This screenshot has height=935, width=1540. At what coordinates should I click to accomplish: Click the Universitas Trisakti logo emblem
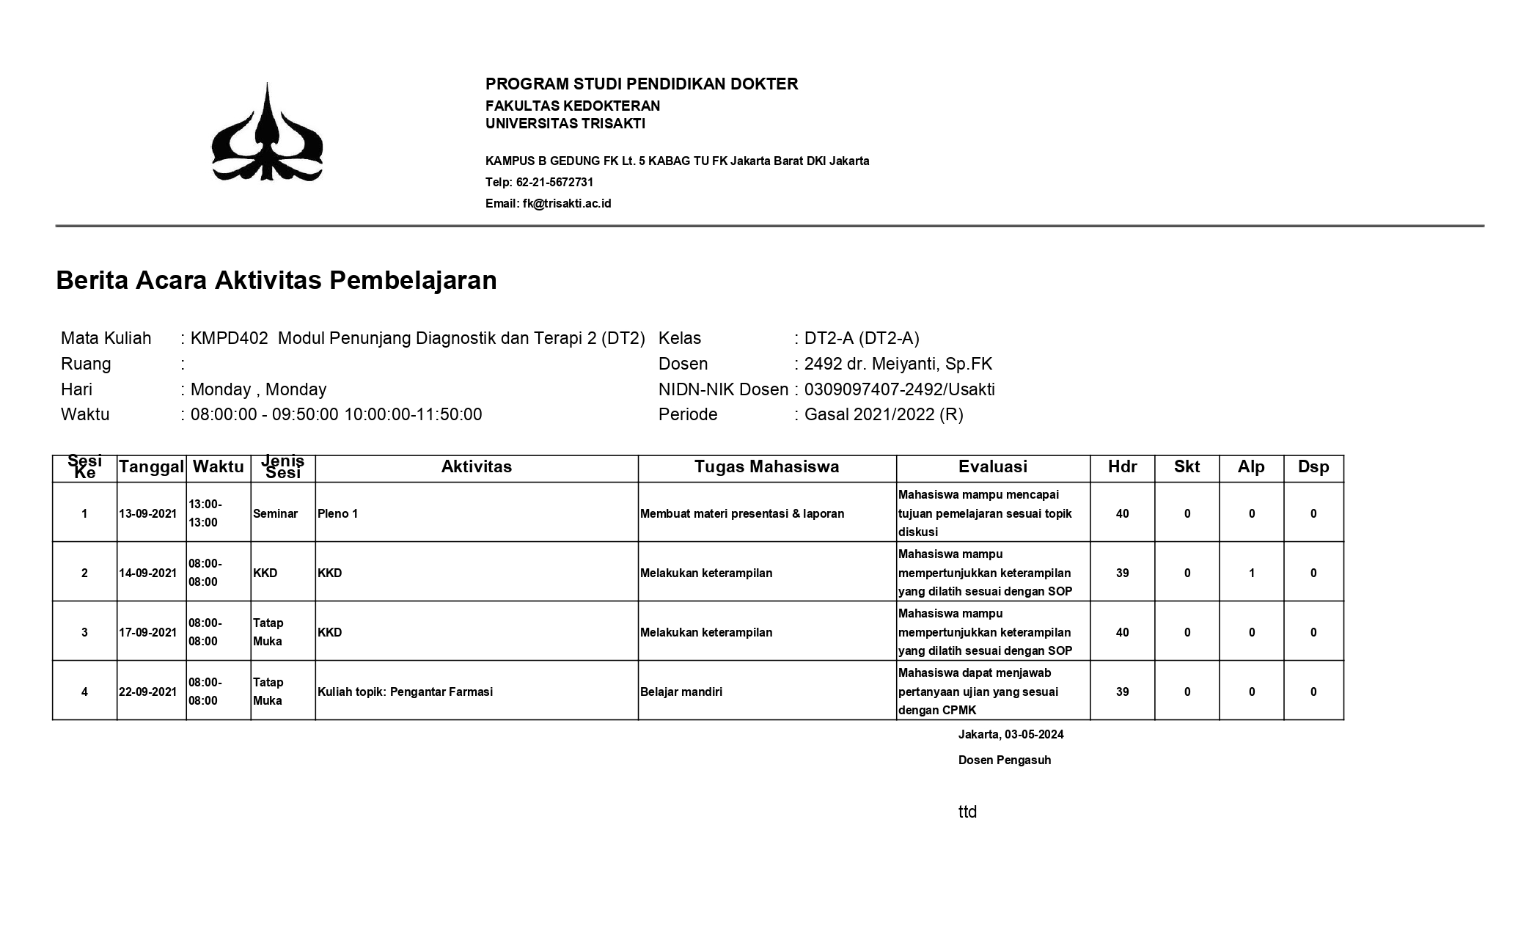pyautogui.click(x=267, y=133)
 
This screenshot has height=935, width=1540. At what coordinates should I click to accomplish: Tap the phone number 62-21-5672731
pyautogui.click(x=554, y=182)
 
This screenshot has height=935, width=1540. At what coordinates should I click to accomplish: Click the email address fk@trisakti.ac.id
pyautogui.click(x=566, y=203)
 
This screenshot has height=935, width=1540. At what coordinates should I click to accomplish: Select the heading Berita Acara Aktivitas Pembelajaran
pyautogui.click(x=276, y=280)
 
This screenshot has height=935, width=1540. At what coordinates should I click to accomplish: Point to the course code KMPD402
pyautogui.click(x=229, y=338)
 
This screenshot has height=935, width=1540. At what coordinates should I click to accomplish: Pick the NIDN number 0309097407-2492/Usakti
pyautogui.click(x=899, y=389)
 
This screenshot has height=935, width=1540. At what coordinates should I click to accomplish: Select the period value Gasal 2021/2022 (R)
pyautogui.click(x=884, y=414)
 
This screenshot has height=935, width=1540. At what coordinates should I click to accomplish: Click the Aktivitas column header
pyautogui.click(x=477, y=467)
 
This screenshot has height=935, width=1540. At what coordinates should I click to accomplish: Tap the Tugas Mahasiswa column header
pyautogui.click(x=766, y=467)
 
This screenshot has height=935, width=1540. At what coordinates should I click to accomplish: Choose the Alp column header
pyautogui.click(x=1251, y=467)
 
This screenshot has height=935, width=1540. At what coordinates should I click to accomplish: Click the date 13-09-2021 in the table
pyautogui.click(x=148, y=513)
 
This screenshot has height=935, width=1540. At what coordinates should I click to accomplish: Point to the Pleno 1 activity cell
pyautogui.click(x=338, y=513)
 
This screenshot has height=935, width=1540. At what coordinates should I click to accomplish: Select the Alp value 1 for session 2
pyautogui.click(x=1252, y=573)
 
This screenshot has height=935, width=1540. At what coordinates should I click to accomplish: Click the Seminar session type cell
pyautogui.click(x=275, y=513)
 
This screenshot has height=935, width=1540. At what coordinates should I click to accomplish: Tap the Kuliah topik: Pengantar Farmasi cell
pyautogui.click(x=405, y=692)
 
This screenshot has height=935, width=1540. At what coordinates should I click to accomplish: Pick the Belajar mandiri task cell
pyautogui.click(x=681, y=692)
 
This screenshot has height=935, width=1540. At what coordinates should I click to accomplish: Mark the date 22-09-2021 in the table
pyautogui.click(x=148, y=692)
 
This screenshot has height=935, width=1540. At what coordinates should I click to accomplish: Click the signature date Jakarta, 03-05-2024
pyautogui.click(x=1011, y=734)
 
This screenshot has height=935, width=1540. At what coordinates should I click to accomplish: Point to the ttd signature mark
pyautogui.click(x=967, y=812)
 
